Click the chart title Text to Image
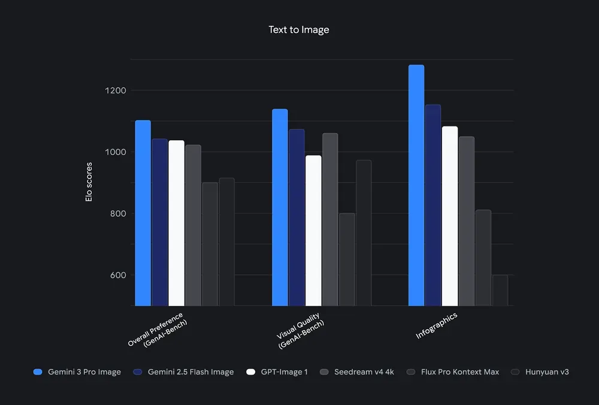click(x=299, y=29)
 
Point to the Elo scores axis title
click(x=89, y=182)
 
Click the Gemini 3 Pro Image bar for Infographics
click(x=416, y=186)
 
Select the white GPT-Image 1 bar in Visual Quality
click(x=313, y=231)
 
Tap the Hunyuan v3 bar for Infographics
click(x=500, y=291)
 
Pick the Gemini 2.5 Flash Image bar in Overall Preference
click(x=159, y=222)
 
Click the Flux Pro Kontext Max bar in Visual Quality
click(x=347, y=259)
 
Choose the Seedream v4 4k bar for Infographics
click(x=467, y=221)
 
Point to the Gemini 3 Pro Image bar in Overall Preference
click(x=143, y=213)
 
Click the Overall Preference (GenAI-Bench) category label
click(x=164, y=330)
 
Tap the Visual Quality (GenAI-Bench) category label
click(x=301, y=331)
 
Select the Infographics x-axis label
click(x=437, y=326)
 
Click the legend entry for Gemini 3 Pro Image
click(x=77, y=372)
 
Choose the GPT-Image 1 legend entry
click(x=277, y=372)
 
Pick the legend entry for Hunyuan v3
click(x=539, y=372)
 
